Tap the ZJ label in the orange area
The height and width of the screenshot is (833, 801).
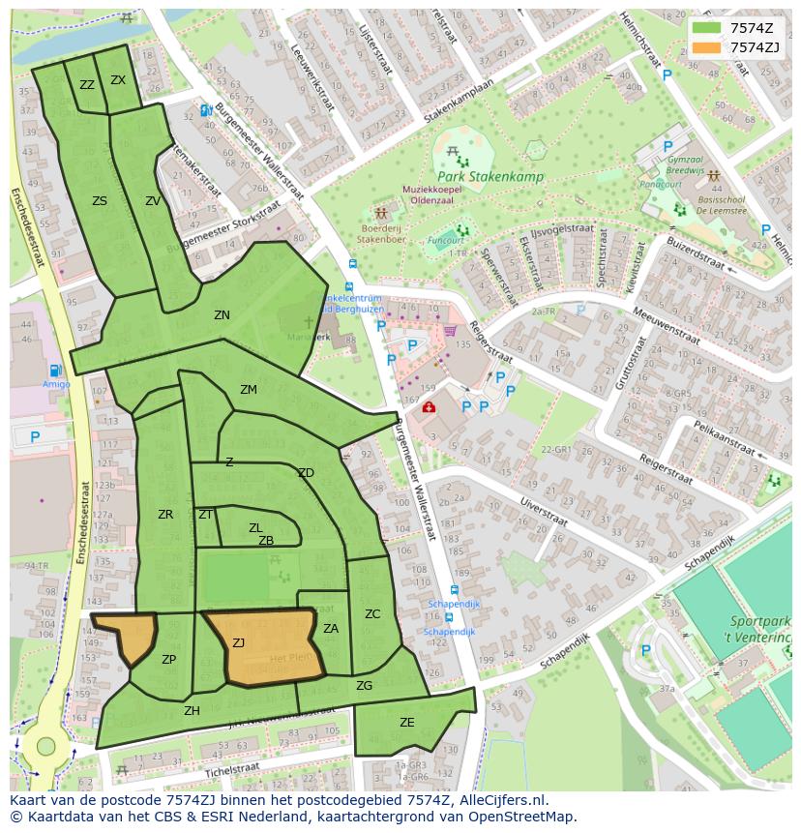(x=238, y=642)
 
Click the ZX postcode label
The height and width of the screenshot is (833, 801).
(x=118, y=80)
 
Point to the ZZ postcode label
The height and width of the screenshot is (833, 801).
(x=87, y=85)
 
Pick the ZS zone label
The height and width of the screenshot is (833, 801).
(x=100, y=201)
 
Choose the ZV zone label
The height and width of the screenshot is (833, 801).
(x=153, y=201)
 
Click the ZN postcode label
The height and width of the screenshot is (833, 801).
(x=222, y=315)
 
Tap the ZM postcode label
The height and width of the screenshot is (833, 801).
(x=249, y=390)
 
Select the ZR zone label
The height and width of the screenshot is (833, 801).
(x=165, y=515)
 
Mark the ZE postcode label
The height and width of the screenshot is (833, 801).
(x=406, y=723)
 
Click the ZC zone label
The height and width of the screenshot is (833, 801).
(x=372, y=614)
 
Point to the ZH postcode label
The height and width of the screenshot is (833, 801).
(x=192, y=711)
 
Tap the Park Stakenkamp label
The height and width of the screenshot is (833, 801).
(x=489, y=177)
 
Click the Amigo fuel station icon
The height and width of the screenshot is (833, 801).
(x=55, y=371)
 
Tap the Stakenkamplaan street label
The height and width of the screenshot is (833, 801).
(x=458, y=101)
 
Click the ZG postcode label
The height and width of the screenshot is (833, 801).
(x=364, y=686)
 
